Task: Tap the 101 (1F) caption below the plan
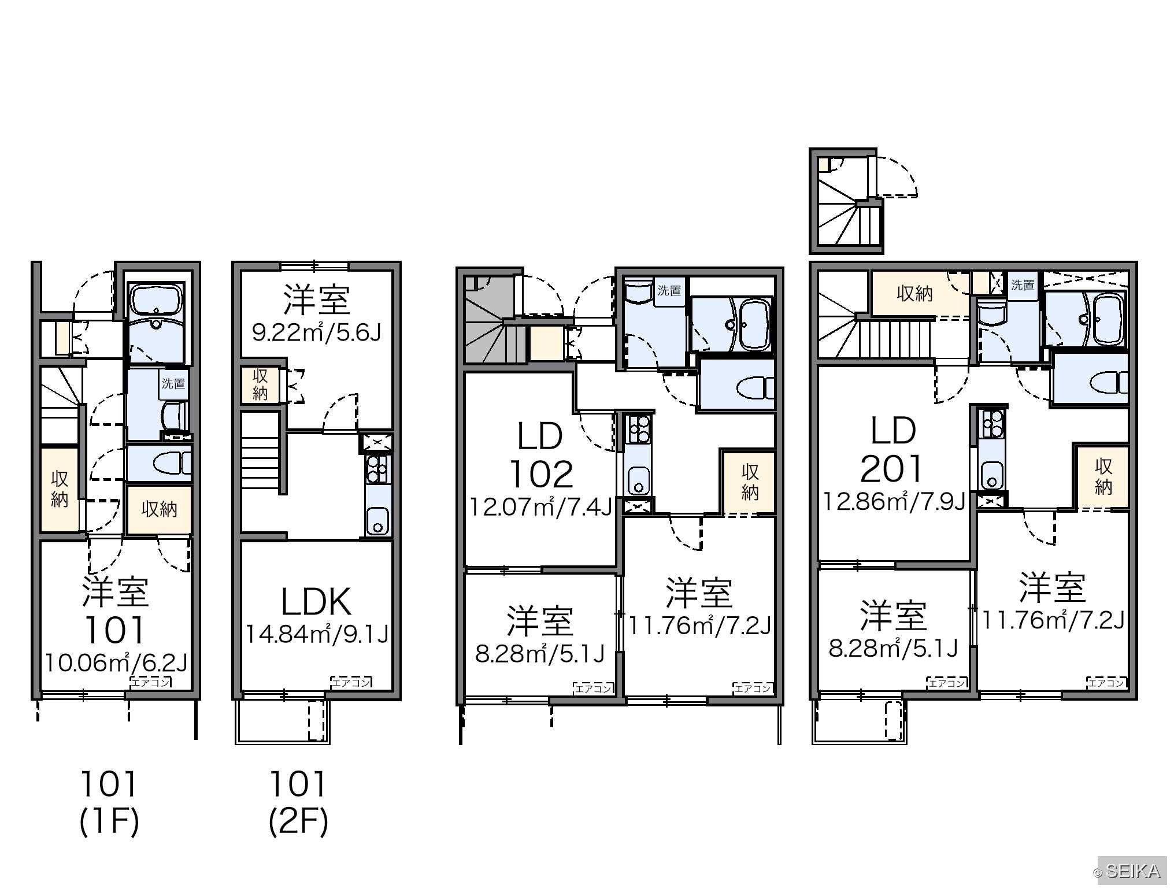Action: pos(109,803)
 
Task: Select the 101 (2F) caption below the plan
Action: pos(298,803)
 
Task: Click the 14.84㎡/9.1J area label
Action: pos(317,634)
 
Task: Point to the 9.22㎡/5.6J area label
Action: pos(317,332)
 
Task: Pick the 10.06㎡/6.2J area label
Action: pos(116,662)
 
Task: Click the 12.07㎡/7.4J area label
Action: pos(540,507)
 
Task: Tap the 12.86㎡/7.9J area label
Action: pos(894,501)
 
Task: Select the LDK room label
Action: pos(316,601)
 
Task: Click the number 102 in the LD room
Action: pos(541,474)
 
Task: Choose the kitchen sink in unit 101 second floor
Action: pos(378,521)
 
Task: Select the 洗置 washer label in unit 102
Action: pos(669,291)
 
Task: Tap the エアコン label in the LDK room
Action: pos(351,682)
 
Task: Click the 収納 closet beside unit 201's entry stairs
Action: pos(914,294)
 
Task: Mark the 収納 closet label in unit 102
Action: pos(750,482)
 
